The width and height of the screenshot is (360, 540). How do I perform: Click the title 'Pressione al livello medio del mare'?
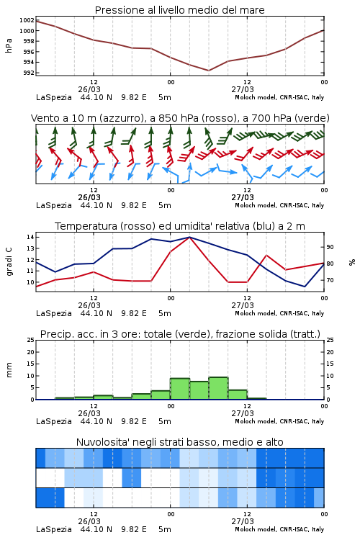[x=179, y=10]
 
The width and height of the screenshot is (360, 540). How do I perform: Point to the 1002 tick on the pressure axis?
[x=27, y=20]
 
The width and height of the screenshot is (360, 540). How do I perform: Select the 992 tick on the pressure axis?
[x=28, y=73]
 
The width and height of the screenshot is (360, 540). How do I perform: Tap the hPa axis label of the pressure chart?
[x=9, y=45]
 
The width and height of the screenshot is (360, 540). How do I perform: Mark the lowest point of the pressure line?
[x=208, y=71]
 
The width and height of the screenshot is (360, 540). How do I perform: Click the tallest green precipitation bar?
[x=218, y=388]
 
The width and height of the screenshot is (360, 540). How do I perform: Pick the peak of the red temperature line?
[x=190, y=238]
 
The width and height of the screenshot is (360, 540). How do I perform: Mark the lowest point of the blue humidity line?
[x=305, y=287]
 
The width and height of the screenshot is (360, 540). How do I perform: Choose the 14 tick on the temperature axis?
[x=30, y=237]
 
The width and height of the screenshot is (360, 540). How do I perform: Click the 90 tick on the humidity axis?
[x=330, y=247]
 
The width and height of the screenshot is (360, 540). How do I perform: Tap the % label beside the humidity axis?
[x=352, y=262]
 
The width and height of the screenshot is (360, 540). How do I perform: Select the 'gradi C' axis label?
[x=9, y=261]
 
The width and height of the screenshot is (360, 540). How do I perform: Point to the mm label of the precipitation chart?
[x=9, y=369]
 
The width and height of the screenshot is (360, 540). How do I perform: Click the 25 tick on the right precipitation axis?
[x=330, y=340]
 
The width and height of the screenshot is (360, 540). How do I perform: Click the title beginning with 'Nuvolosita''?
[x=179, y=442]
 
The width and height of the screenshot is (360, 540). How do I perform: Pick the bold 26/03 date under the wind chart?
[x=89, y=198]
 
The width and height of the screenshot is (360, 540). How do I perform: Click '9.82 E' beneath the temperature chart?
[x=134, y=313]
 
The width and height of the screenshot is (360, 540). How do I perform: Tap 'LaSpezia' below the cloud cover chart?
[x=54, y=529]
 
